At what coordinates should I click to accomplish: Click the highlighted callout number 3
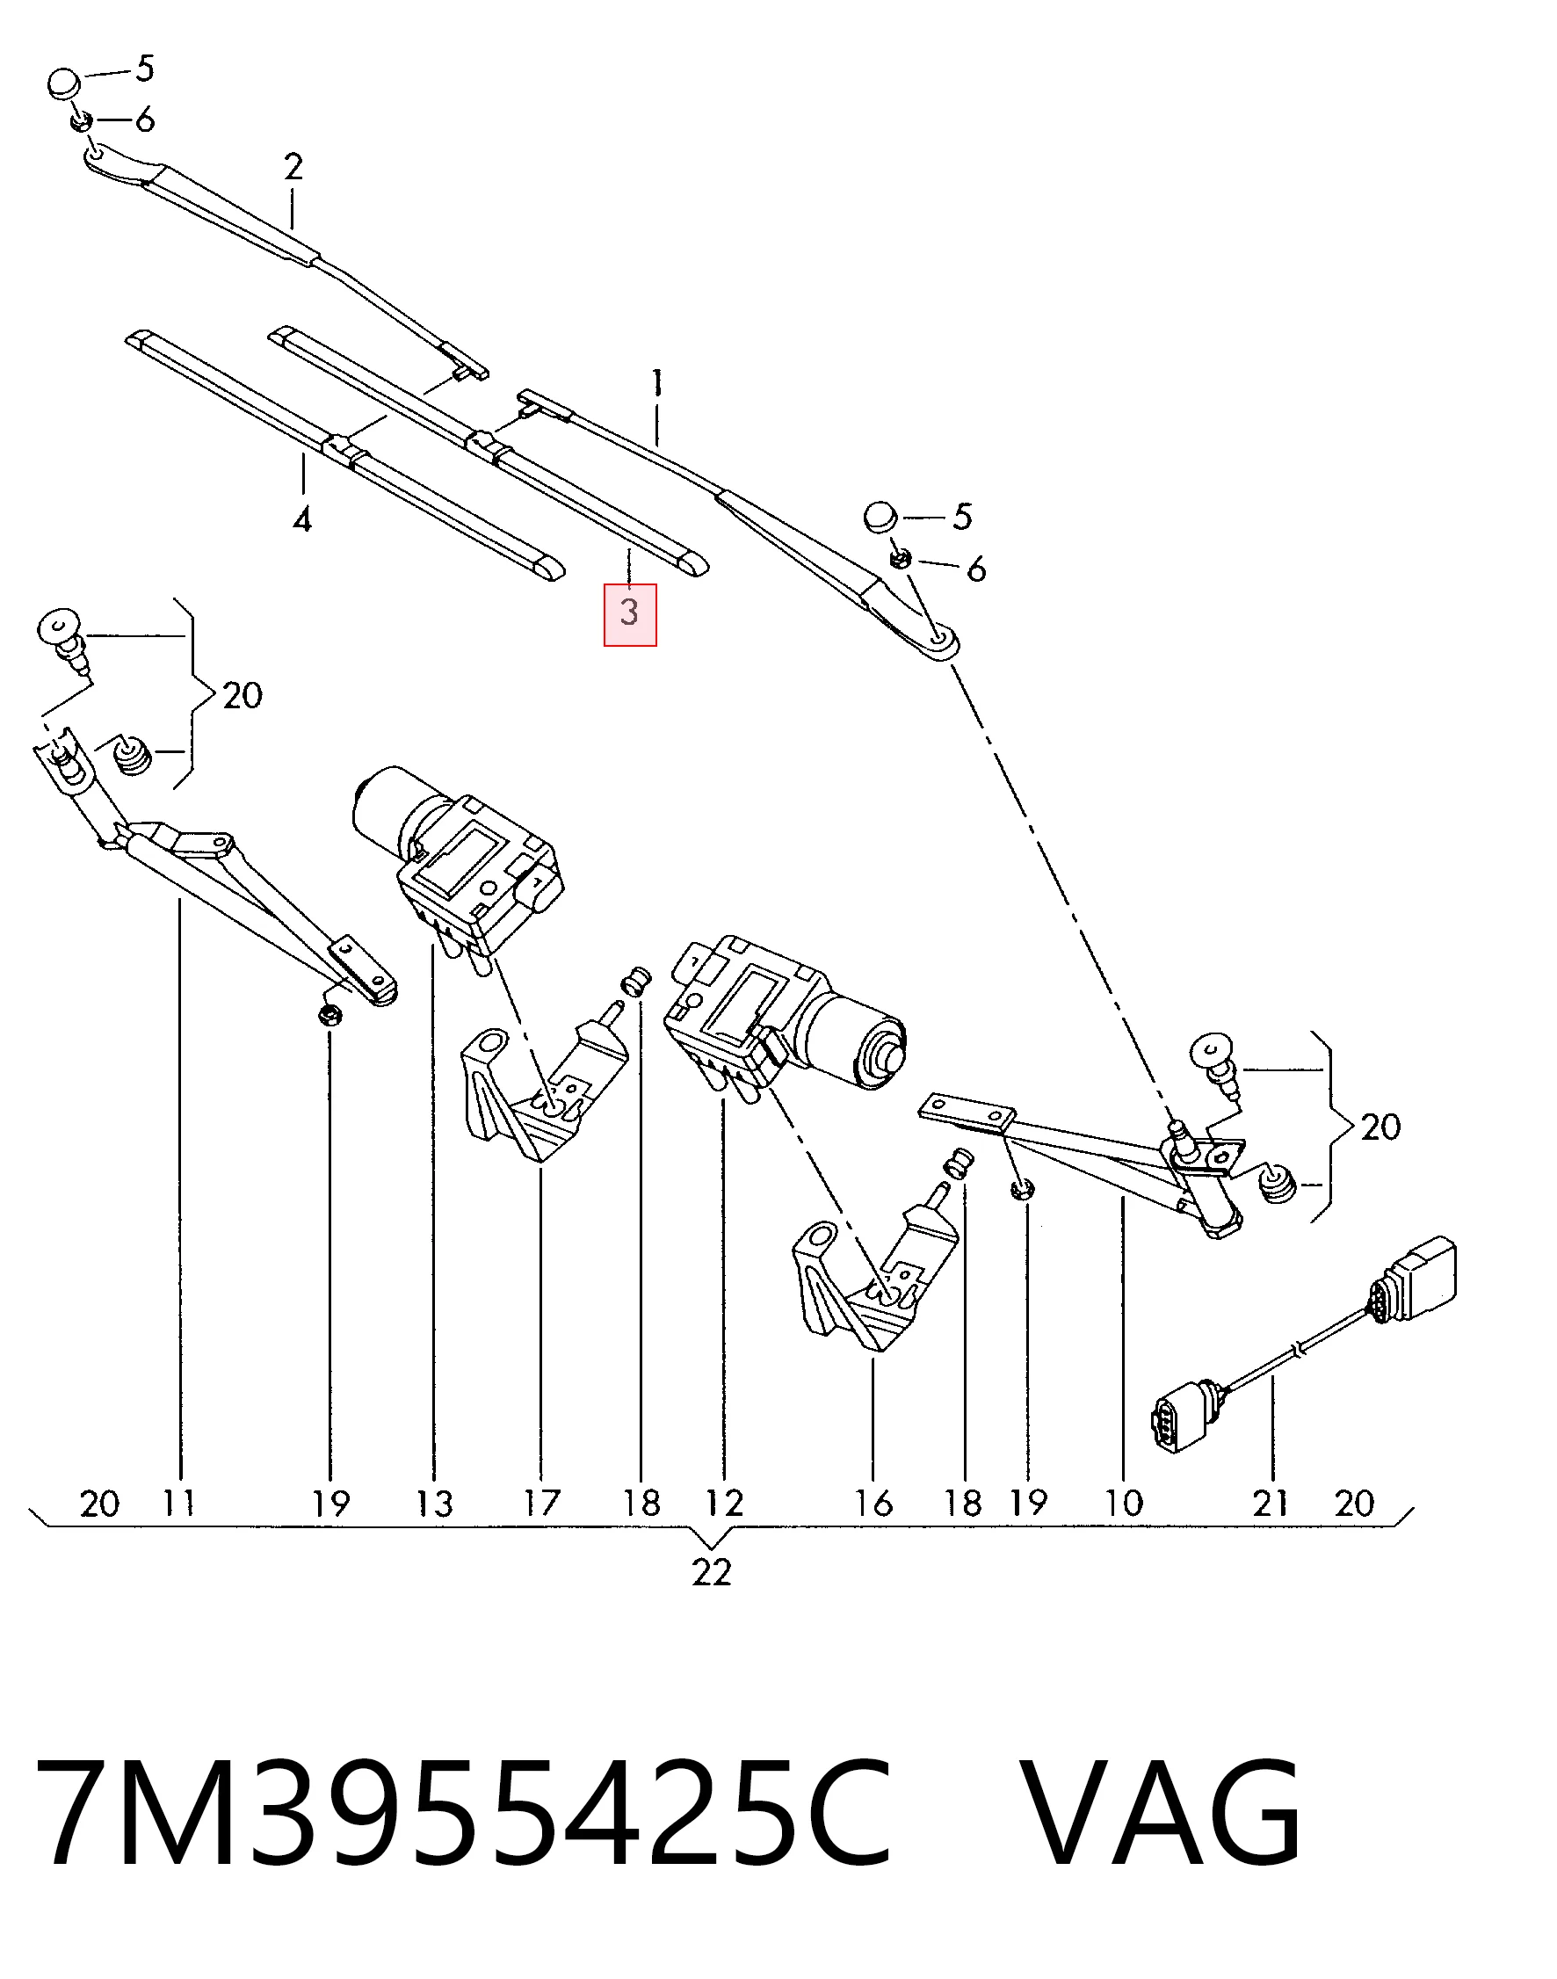tap(629, 613)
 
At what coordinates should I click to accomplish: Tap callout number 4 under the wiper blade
tap(302, 520)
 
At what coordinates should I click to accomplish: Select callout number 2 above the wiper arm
tap(293, 167)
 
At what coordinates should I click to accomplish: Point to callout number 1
tap(657, 383)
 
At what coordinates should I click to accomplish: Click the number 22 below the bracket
tap(711, 1572)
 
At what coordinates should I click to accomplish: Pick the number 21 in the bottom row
tap(1270, 1504)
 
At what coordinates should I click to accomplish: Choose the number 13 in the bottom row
tap(435, 1504)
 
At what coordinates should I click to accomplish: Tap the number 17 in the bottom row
tap(540, 1504)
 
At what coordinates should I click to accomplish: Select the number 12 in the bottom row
tap(725, 1504)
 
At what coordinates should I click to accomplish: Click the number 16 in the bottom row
tap(873, 1504)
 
